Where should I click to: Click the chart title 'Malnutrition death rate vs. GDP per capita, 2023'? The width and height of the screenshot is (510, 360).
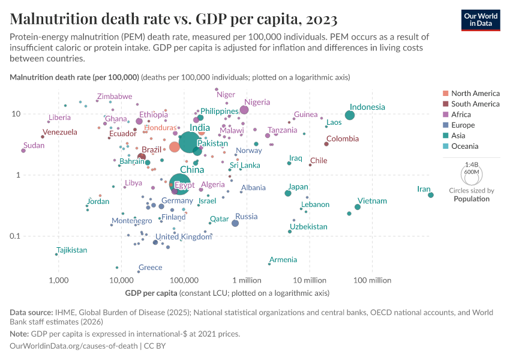[173, 19]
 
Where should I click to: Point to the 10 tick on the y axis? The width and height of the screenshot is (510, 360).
[16, 114]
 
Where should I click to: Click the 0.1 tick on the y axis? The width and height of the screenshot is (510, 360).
[14, 236]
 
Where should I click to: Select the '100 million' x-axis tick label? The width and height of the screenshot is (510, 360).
[372, 280]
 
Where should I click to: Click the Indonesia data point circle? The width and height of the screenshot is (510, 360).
[350, 115]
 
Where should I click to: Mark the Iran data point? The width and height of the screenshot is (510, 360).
[431, 195]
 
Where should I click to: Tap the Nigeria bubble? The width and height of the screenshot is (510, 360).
[244, 110]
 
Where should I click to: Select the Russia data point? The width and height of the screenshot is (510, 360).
[235, 223]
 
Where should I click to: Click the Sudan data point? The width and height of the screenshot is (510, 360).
[23, 151]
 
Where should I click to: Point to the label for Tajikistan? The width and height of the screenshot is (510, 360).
[71, 250]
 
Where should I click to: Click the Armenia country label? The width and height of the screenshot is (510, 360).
[283, 260]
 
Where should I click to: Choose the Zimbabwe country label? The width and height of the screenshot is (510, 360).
[115, 97]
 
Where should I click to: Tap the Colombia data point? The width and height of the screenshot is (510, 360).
[326, 144]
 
